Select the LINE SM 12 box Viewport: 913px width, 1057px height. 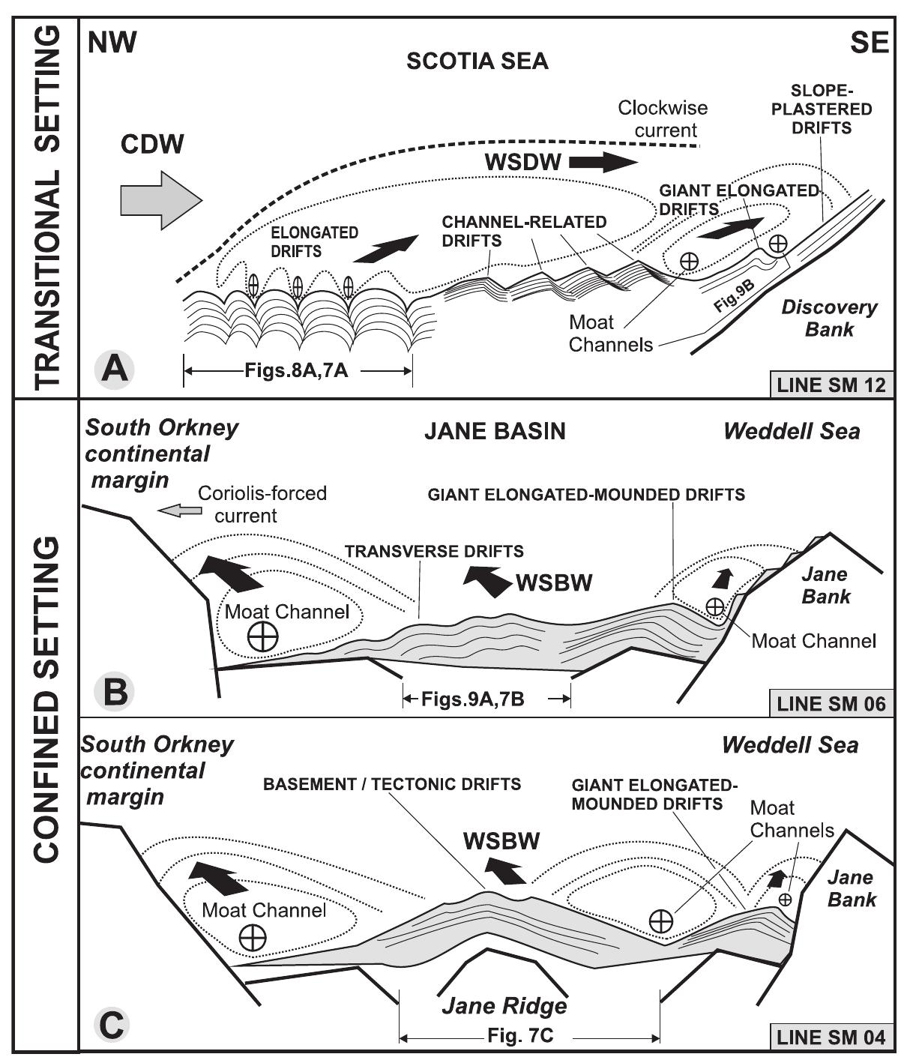(831, 385)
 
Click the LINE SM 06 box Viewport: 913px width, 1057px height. (831, 704)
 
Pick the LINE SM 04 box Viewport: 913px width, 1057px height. (831, 1038)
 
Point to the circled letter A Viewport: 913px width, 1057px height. (114, 369)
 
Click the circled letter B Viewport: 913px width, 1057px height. (114, 690)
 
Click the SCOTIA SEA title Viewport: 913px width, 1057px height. (477, 61)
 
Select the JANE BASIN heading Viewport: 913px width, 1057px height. (495, 431)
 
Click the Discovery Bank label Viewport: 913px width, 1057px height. (829, 318)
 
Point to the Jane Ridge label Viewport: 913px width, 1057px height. (504, 1005)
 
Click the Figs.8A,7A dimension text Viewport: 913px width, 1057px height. (296, 370)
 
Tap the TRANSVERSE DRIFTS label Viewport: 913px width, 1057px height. (434, 552)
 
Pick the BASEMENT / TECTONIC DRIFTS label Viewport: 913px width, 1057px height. (391, 784)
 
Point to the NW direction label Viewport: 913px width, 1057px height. (112, 43)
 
